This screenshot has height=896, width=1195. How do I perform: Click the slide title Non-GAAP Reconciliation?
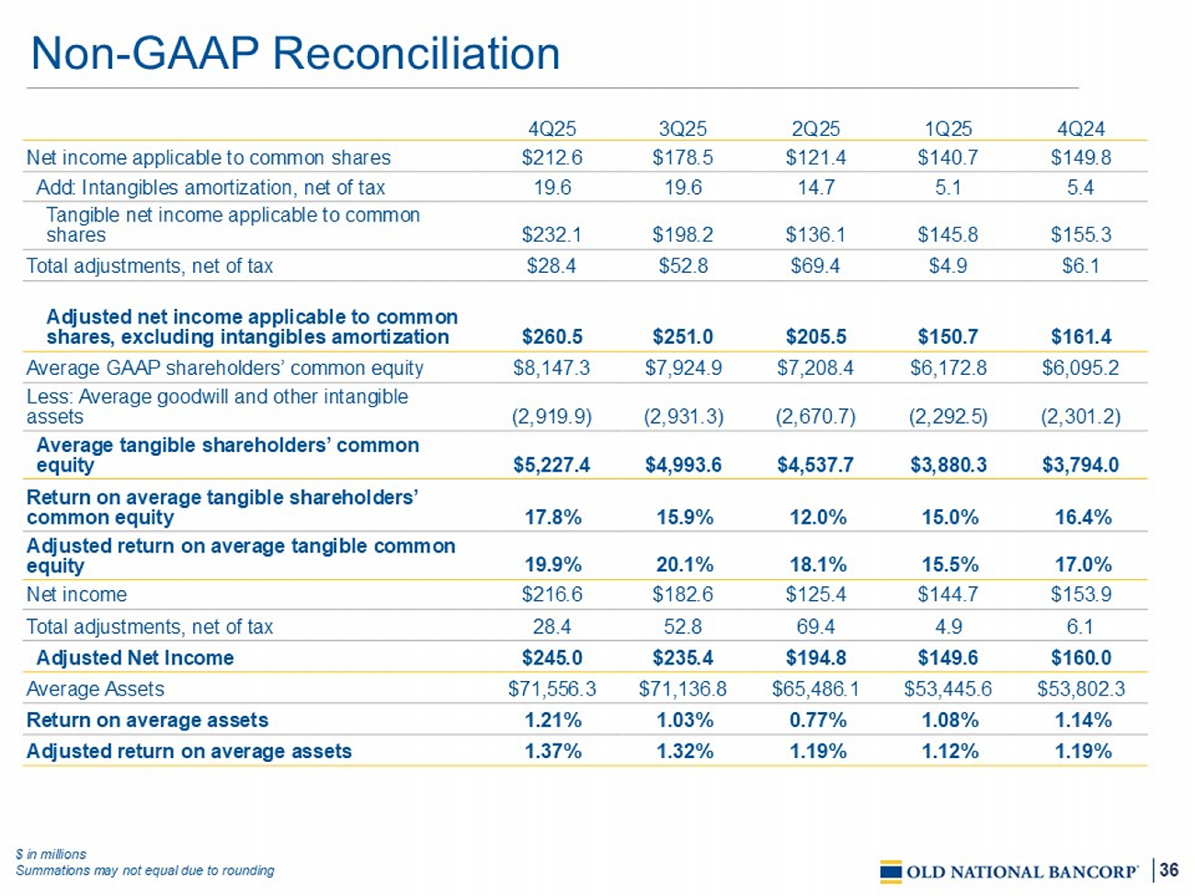[x=295, y=53]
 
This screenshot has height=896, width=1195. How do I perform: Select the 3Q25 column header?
[x=683, y=129]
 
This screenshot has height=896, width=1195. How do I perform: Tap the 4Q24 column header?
[x=1080, y=129]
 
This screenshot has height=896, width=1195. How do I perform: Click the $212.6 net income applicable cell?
[x=552, y=157]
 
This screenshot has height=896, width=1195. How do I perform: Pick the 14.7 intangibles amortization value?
[x=815, y=187]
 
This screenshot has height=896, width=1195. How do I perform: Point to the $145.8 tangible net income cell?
[x=948, y=234]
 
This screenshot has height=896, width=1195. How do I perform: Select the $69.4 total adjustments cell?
[x=815, y=267]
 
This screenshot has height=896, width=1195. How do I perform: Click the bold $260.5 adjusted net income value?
[x=552, y=337]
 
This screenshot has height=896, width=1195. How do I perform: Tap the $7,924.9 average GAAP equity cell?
[x=683, y=369]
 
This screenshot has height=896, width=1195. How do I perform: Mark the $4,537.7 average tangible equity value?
[x=815, y=465]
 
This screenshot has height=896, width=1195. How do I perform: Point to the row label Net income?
[x=76, y=595]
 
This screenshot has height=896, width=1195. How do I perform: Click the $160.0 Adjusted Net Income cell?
[x=1080, y=658]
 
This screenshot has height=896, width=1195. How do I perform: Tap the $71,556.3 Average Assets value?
[x=552, y=689]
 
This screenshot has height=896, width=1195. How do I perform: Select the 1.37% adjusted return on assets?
[x=552, y=752]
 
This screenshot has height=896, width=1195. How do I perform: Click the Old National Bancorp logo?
[x=1009, y=871]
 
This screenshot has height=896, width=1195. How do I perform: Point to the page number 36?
[x=1168, y=870]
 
